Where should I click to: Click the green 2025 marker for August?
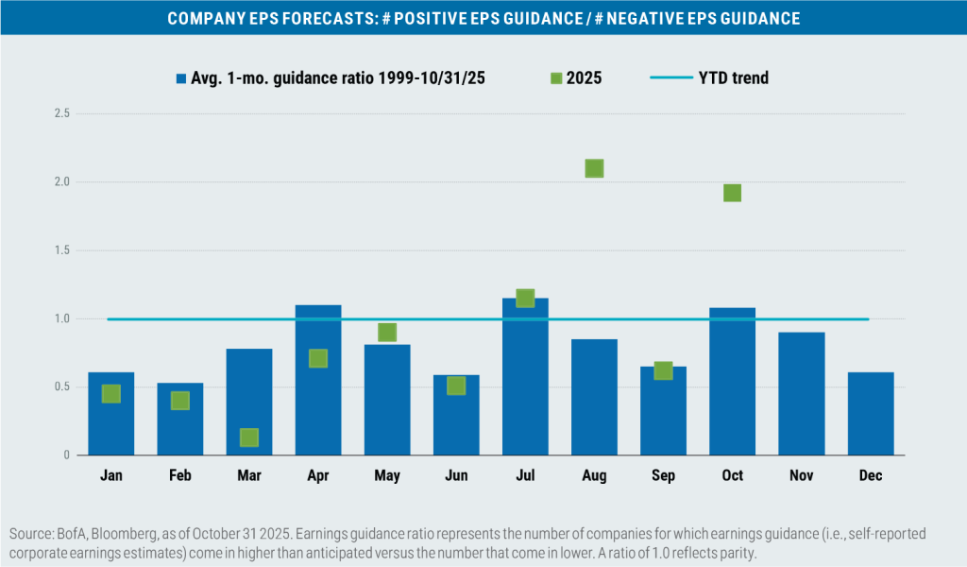(x=594, y=168)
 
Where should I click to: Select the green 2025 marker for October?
(x=732, y=193)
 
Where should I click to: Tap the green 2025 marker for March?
(x=249, y=438)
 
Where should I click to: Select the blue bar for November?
(x=801, y=393)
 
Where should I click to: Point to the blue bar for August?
(x=594, y=397)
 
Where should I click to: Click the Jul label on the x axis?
(x=525, y=475)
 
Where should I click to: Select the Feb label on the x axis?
(x=180, y=475)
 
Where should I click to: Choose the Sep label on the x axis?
(x=663, y=475)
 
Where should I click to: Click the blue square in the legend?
(x=178, y=77)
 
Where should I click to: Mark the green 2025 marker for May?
(x=387, y=333)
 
